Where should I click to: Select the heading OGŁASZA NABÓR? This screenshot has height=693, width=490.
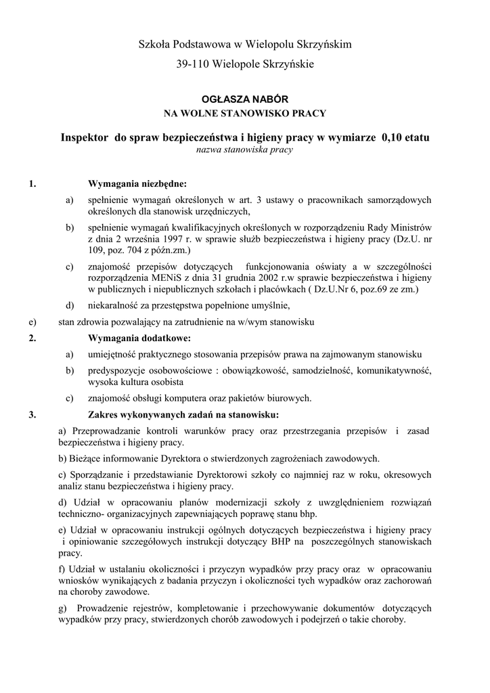pyautogui.click(x=245, y=99)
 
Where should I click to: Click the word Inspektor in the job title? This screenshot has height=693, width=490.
pyautogui.click(x=85, y=137)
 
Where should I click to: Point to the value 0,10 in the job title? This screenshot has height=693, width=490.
pyautogui.click(x=394, y=137)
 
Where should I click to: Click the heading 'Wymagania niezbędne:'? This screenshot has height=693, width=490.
pyautogui.click(x=138, y=183)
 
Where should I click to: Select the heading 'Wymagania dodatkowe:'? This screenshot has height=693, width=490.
pyautogui.click(x=139, y=338)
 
